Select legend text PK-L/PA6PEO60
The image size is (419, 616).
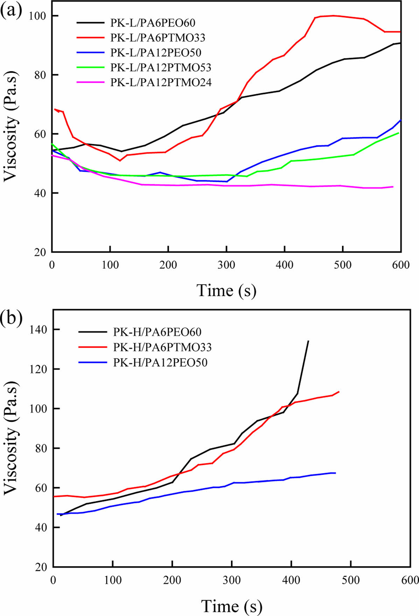pyautogui.click(x=153, y=23)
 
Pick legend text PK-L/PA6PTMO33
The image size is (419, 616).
pyautogui.click(x=158, y=38)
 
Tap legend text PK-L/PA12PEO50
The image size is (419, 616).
pyautogui.click(x=156, y=52)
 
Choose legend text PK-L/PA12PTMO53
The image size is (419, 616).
pyautogui.click(x=161, y=67)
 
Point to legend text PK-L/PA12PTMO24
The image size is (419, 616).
pyautogui.click(x=161, y=82)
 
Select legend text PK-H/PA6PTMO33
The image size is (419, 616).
pyautogui.click(x=162, y=347)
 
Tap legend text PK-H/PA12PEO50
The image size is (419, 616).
pyautogui.click(x=160, y=362)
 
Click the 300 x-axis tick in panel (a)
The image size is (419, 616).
pyautogui.click(x=226, y=265)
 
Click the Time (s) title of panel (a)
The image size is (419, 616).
pyautogui.click(x=226, y=290)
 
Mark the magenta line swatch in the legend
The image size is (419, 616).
pyautogui.click(x=91, y=82)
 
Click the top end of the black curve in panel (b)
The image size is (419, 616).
pyautogui.click(x=308, y=341)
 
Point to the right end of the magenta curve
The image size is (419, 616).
pyautogui.click(x=393, y=187)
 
